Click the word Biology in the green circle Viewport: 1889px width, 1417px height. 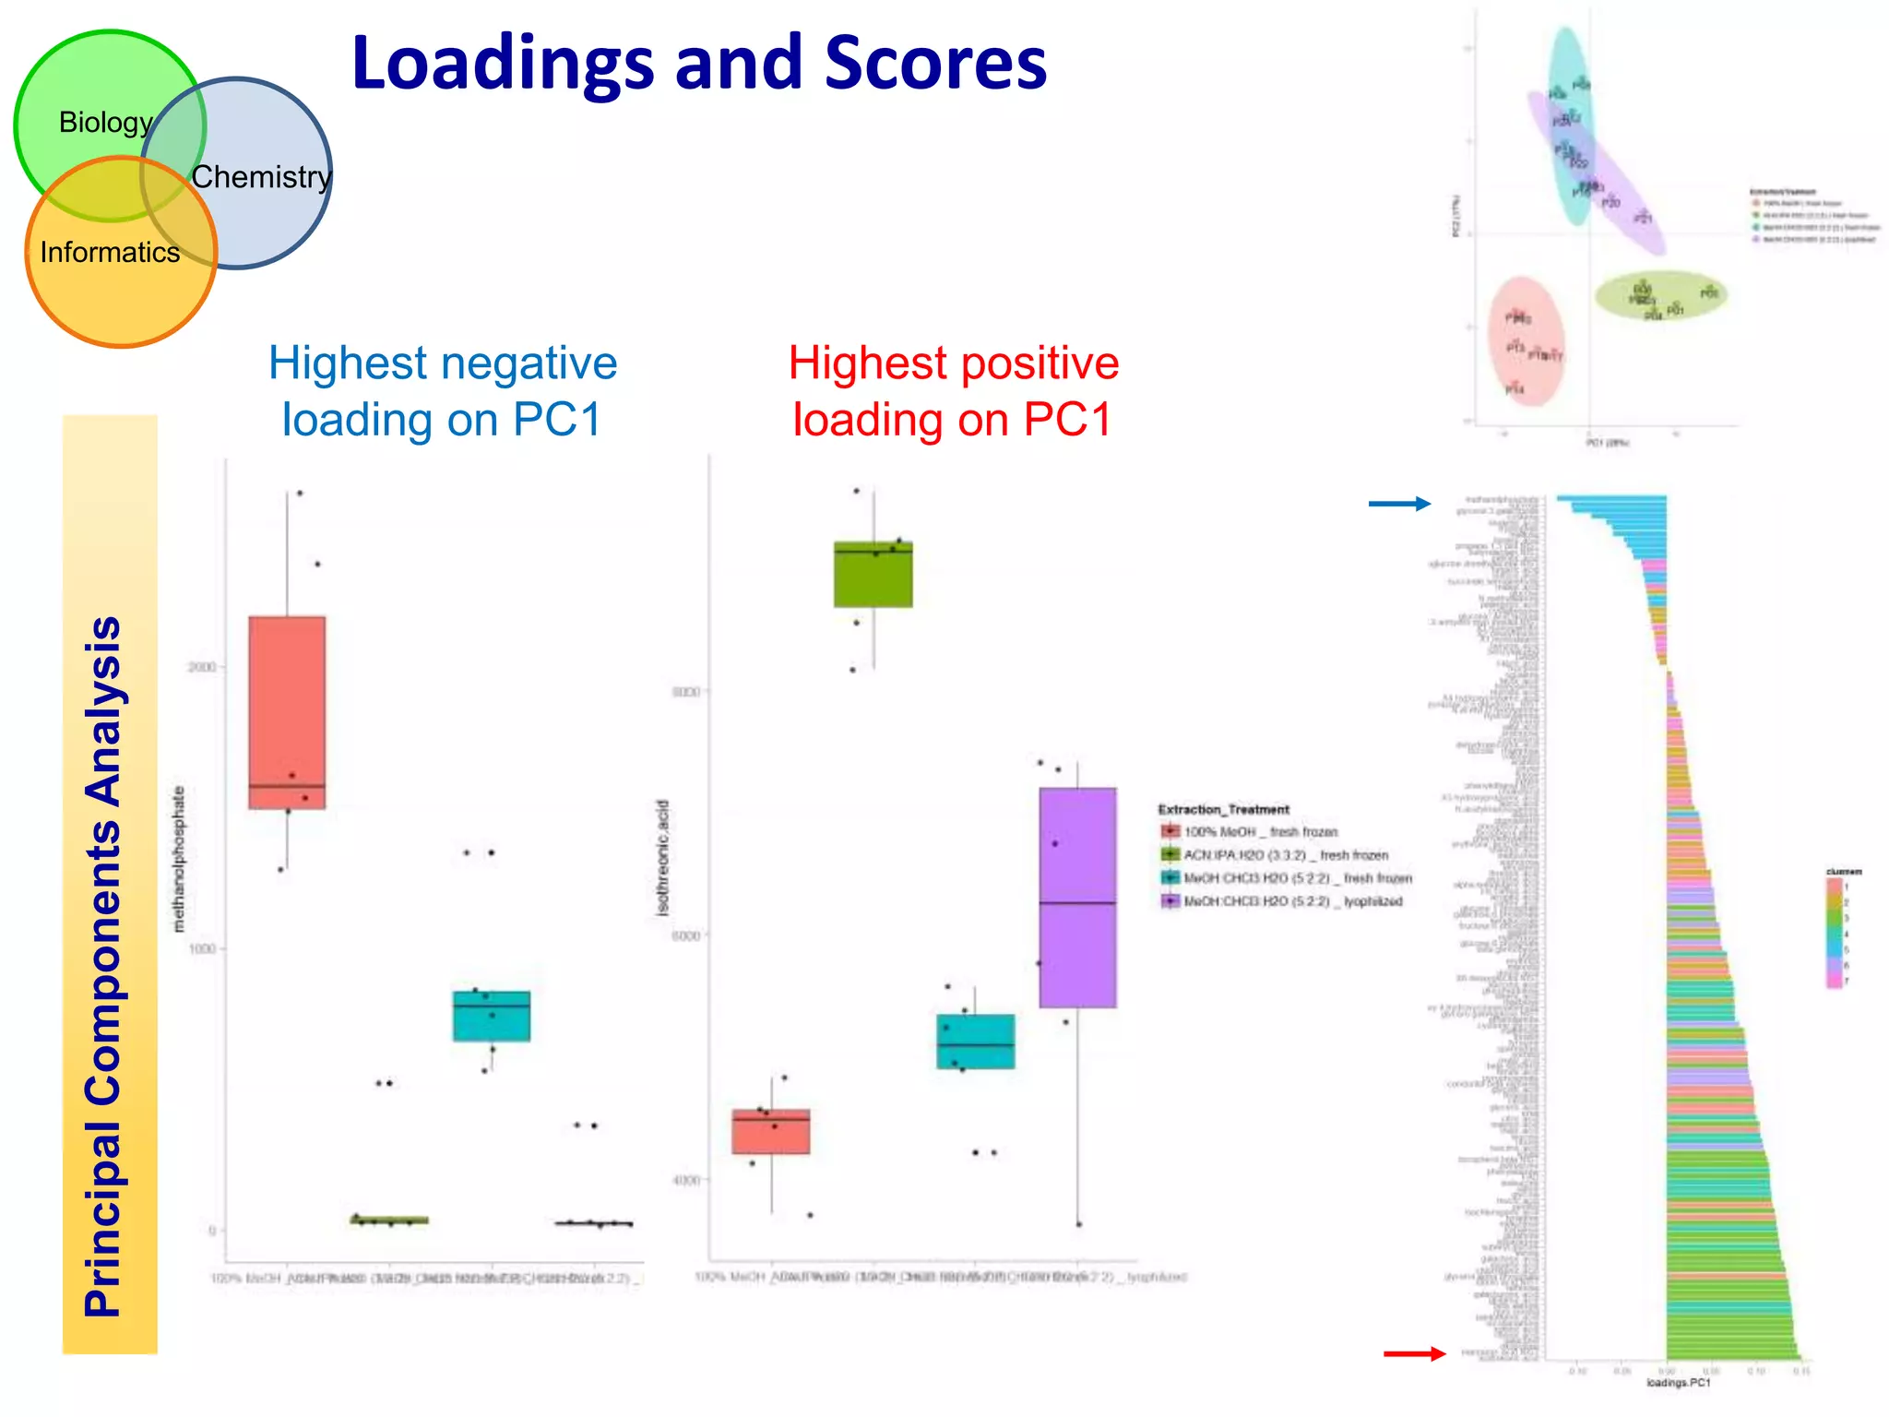(105, 123)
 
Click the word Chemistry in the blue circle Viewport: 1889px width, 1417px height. (261, 176)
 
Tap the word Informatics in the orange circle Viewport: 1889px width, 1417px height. (110, 252)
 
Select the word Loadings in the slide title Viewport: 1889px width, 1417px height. (504, 64)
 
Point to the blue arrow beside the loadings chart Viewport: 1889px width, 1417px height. (1399, 503)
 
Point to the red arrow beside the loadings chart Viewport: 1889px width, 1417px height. (1414, 1353)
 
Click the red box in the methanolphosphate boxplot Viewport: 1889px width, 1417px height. (287, 712)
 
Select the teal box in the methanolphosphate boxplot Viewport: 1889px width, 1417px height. (491, 1016)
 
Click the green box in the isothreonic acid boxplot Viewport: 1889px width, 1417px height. (873, 574)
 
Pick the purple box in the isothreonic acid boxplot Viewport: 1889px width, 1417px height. (1077, 897)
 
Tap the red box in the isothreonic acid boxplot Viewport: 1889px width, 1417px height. (771, 1131)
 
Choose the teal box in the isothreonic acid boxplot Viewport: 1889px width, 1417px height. (975, 1042)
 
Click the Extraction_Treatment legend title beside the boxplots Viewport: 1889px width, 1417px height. (1223, 809)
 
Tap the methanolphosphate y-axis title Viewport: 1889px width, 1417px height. (179, 858)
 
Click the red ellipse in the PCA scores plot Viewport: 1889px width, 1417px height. (1527, 341)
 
